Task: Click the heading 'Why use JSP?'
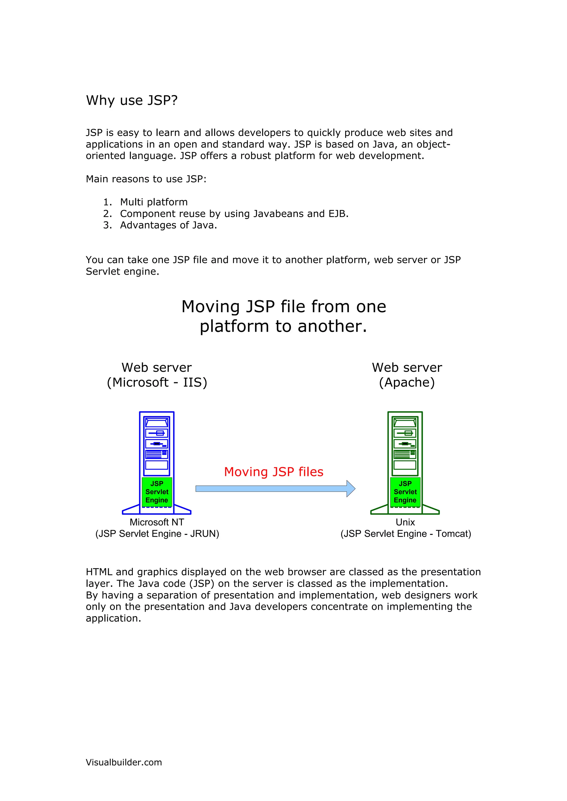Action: click(132, 101)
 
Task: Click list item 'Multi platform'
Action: click(154, 202)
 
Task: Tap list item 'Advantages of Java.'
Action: click(168, 225)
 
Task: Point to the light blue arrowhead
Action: click(351, 488)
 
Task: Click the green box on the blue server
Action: click(157, 492)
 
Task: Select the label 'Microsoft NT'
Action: click(157, 522)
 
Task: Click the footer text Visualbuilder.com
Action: click(124, 762)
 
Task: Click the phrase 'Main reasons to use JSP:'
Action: click(146, 179)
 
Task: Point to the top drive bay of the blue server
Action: click(156, 423)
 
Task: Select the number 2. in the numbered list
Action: click(107, 213)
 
